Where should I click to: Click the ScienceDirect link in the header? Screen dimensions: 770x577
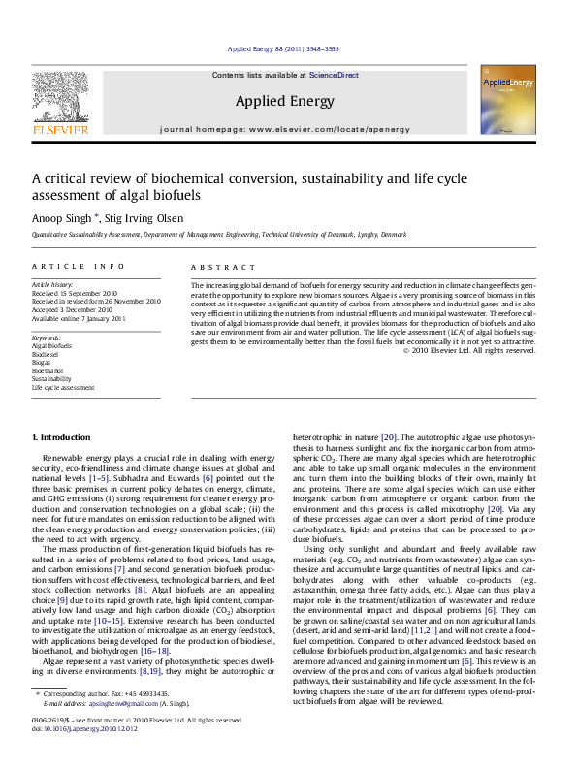pyautogui.click(x=334, y=75)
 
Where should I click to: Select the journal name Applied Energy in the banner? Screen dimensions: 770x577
pyautogui.click(x=285, y=101)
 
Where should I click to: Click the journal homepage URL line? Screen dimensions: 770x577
pyautogui.click(x=285, y=128)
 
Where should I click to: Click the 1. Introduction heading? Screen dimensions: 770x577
pyautogui.click(x=66, y=438)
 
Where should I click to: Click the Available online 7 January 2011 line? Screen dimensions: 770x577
pyautogui.click(x=81, y=316)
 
